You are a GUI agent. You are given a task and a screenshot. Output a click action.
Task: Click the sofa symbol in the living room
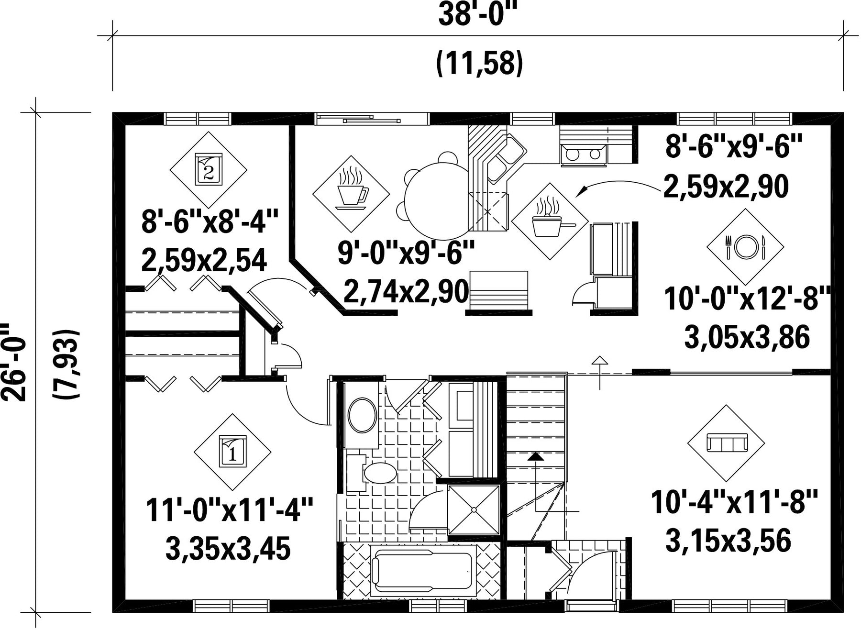pos(727,443)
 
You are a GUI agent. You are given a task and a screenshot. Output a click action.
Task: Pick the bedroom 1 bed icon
pos(232,451)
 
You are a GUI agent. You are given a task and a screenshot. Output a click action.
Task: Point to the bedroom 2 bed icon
pos(209,169)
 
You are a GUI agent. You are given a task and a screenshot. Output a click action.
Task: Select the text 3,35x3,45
pos(228,549)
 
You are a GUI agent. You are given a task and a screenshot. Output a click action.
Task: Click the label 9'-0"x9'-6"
pos(406,253)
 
